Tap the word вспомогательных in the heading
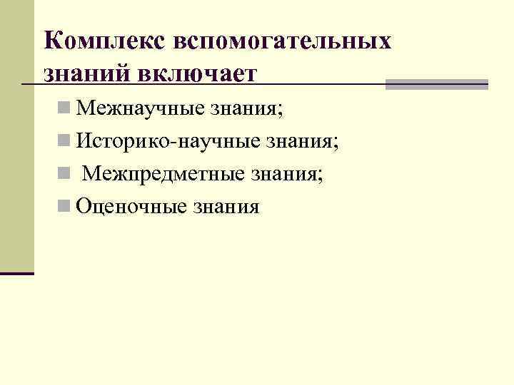click(x=281, y=40)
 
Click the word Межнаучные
click(x=139, y=110)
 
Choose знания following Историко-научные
click(x=296, y=142)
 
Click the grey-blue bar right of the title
click(x=437, y=84)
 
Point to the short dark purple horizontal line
click(x=17, y=273)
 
